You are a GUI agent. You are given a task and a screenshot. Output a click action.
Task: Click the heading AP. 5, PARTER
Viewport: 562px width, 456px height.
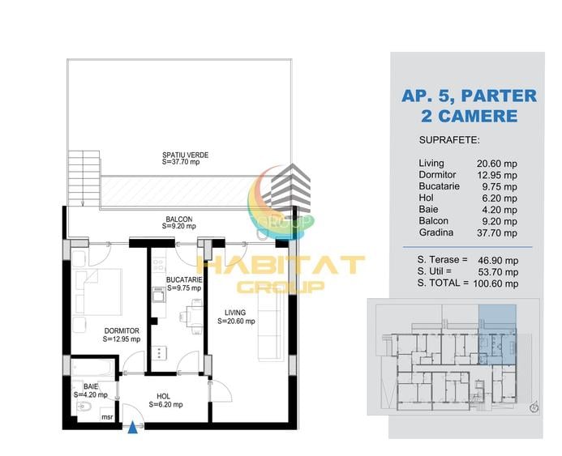point(469,96)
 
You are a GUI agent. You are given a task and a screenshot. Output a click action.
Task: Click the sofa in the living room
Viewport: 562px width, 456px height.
point(270,324)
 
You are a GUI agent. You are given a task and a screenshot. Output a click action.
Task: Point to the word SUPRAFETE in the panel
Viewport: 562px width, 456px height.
point(449,140)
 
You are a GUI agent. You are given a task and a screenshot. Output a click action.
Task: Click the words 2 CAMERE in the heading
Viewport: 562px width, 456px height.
point(470,116)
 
